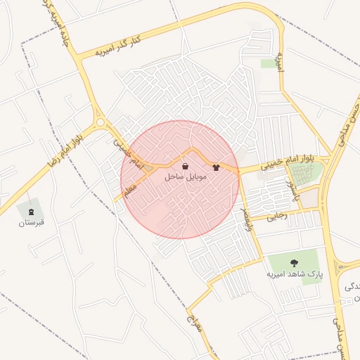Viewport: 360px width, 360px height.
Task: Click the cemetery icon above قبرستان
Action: (x=30, y=211)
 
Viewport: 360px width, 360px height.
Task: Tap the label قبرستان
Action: (x=31, y=223)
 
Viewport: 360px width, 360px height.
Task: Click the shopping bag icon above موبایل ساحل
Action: (x=185, y=167)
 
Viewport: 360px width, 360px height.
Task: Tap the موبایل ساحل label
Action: (x=186, y=177)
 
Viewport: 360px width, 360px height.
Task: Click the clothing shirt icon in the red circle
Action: (x=216, y=168)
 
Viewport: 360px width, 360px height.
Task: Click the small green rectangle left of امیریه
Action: (x=268, y=63)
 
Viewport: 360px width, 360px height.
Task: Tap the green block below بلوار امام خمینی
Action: (x=307, y=174)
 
